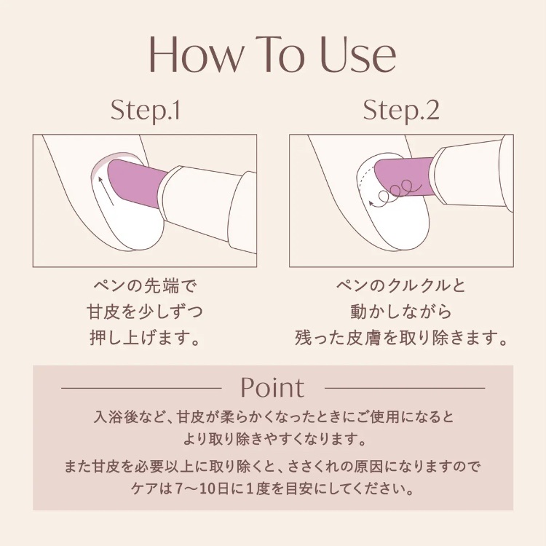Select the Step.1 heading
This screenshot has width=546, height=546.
(x=145, y=111)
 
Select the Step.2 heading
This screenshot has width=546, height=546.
(x=401, y=111)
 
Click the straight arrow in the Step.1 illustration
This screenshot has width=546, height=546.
(x=106, y=191)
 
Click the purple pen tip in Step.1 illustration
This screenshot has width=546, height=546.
(x=136, y=182)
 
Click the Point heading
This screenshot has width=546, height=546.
(x=273, y=387)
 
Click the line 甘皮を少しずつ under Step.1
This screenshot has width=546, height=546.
(x=145, y=312)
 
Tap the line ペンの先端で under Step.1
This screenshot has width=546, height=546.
(x=145, y=286)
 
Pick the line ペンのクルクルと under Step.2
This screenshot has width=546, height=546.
(x=401, y=286)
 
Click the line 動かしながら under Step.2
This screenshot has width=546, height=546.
(x=401, y=312)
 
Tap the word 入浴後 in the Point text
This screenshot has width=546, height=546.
(x=114, y=416)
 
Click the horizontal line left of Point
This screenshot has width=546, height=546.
(x=141, y=387)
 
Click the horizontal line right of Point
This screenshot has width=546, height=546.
(x=405, y=387)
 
